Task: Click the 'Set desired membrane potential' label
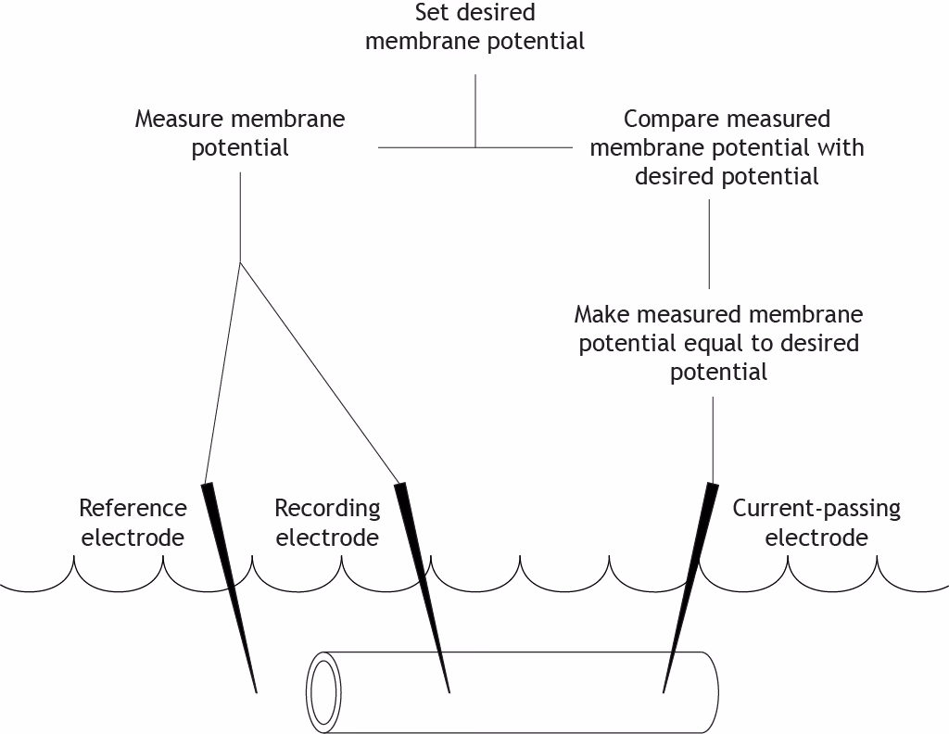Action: click(x=474, y=28)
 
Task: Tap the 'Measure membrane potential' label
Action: click(x=240, y=133)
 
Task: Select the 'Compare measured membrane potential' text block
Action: click(x=727, y=147)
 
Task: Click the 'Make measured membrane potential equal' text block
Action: click(x=718, y=343)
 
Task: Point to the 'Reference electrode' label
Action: click(x=133, y=523)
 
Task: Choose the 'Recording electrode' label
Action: click(x=327, y=523)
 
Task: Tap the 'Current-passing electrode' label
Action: click(x=816, y=523)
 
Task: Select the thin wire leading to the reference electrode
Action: click(x=222, y=371)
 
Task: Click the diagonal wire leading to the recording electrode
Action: click(x=320, y=371)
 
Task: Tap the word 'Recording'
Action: click(x=327, y=508)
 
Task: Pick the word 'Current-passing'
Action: click(x=816, y=508)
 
